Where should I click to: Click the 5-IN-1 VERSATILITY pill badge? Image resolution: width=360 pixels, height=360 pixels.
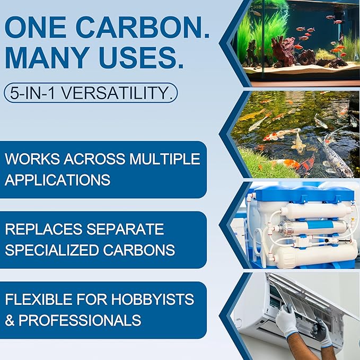click(91, 93)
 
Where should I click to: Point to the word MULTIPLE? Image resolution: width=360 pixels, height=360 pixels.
click(164, 159)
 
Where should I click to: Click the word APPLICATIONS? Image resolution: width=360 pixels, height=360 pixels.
click(58, 180)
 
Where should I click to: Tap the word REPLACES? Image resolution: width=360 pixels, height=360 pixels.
click(43, 229)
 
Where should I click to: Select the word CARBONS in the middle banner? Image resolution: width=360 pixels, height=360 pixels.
click(139, 250)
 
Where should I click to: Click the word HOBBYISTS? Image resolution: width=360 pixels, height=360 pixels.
click(153, 299)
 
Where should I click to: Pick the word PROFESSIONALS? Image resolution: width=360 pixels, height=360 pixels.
click(80, 320)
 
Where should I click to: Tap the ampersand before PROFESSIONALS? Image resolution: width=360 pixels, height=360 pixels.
click(10, 320)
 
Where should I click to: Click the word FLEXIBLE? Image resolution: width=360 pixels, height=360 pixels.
click(39, 299)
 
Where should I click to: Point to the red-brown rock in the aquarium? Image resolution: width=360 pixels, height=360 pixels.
click(283, 49)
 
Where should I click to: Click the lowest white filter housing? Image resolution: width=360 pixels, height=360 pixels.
click(314, 257)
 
